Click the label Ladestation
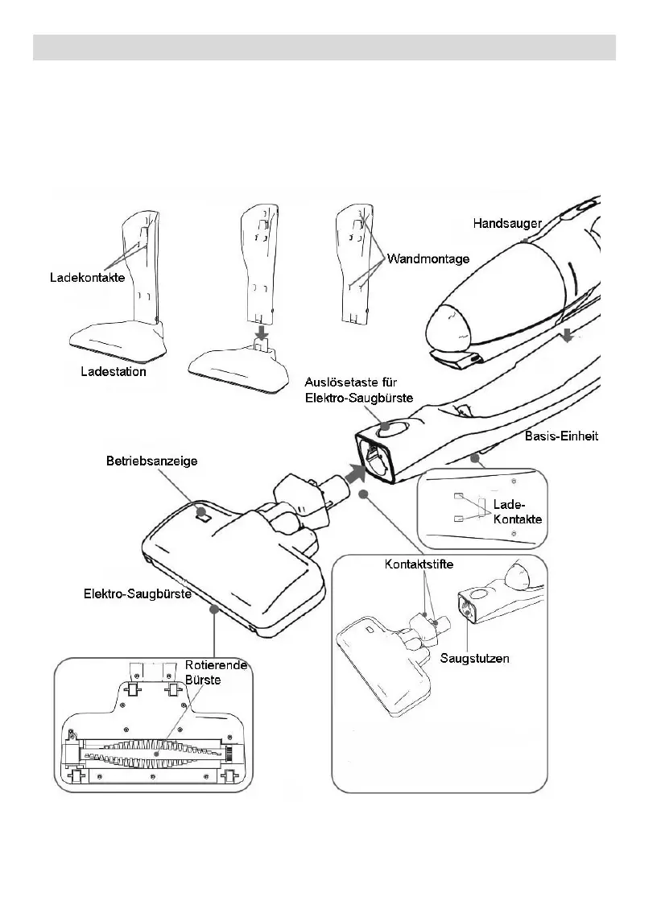[114, 372]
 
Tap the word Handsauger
[507, 222]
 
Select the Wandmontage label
[428, 258]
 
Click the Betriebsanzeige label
[152, 461]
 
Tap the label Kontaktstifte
[418, 564]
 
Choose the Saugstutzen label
[474, 658]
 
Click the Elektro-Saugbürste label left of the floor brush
[138, 595]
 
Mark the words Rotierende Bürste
[216, 672]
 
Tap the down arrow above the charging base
[262, 332]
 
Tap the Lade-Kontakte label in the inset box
[517, 512]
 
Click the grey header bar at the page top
[324, 47]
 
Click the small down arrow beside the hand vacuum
[568, 335]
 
